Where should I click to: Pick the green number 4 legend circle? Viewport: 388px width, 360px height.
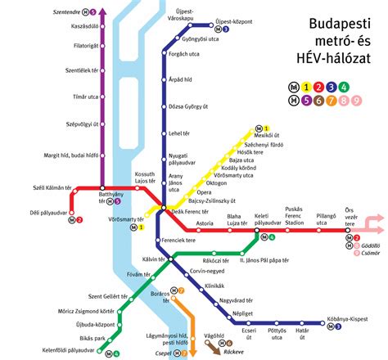[344, 86]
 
